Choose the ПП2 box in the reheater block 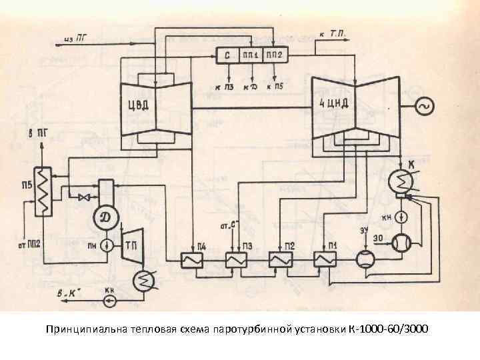point(275,55)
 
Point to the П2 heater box point(279,260)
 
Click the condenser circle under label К point(403,181)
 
